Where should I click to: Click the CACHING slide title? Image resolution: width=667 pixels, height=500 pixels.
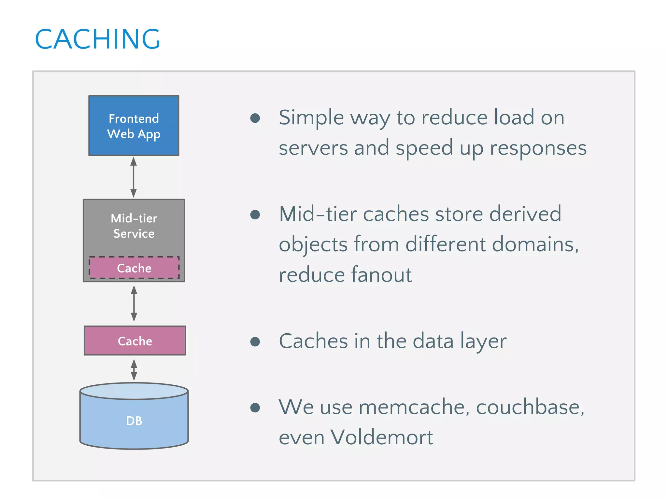point(97,39)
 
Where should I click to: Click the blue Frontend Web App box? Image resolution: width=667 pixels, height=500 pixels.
point(134,126)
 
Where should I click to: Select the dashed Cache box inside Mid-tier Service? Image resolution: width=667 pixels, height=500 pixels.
point(134,268)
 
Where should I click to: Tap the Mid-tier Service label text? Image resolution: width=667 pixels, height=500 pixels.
point(134,226)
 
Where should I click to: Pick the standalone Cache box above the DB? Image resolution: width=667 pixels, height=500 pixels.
point(135,341)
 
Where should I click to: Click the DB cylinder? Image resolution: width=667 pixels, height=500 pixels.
point(134,420)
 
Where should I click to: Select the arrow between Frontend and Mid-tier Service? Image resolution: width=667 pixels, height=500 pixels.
point(134,177)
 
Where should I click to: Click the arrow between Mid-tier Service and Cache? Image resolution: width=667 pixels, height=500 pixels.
point(134,303)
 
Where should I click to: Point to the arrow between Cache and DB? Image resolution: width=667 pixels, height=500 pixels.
point(134,370)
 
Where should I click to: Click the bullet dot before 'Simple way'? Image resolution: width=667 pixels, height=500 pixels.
point(255,118)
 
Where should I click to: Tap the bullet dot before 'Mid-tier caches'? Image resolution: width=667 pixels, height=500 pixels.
point(255,215)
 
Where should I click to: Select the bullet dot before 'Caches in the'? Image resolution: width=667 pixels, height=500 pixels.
point(255,341)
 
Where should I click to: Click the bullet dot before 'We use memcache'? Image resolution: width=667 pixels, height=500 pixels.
point(255,408)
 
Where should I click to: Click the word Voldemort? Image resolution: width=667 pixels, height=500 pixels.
point(381,437)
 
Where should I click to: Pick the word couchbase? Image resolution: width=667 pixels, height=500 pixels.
point(530,407)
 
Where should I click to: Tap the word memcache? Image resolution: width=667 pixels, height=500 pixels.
point(414,407)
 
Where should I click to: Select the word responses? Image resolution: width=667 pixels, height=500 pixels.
point(538,148)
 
